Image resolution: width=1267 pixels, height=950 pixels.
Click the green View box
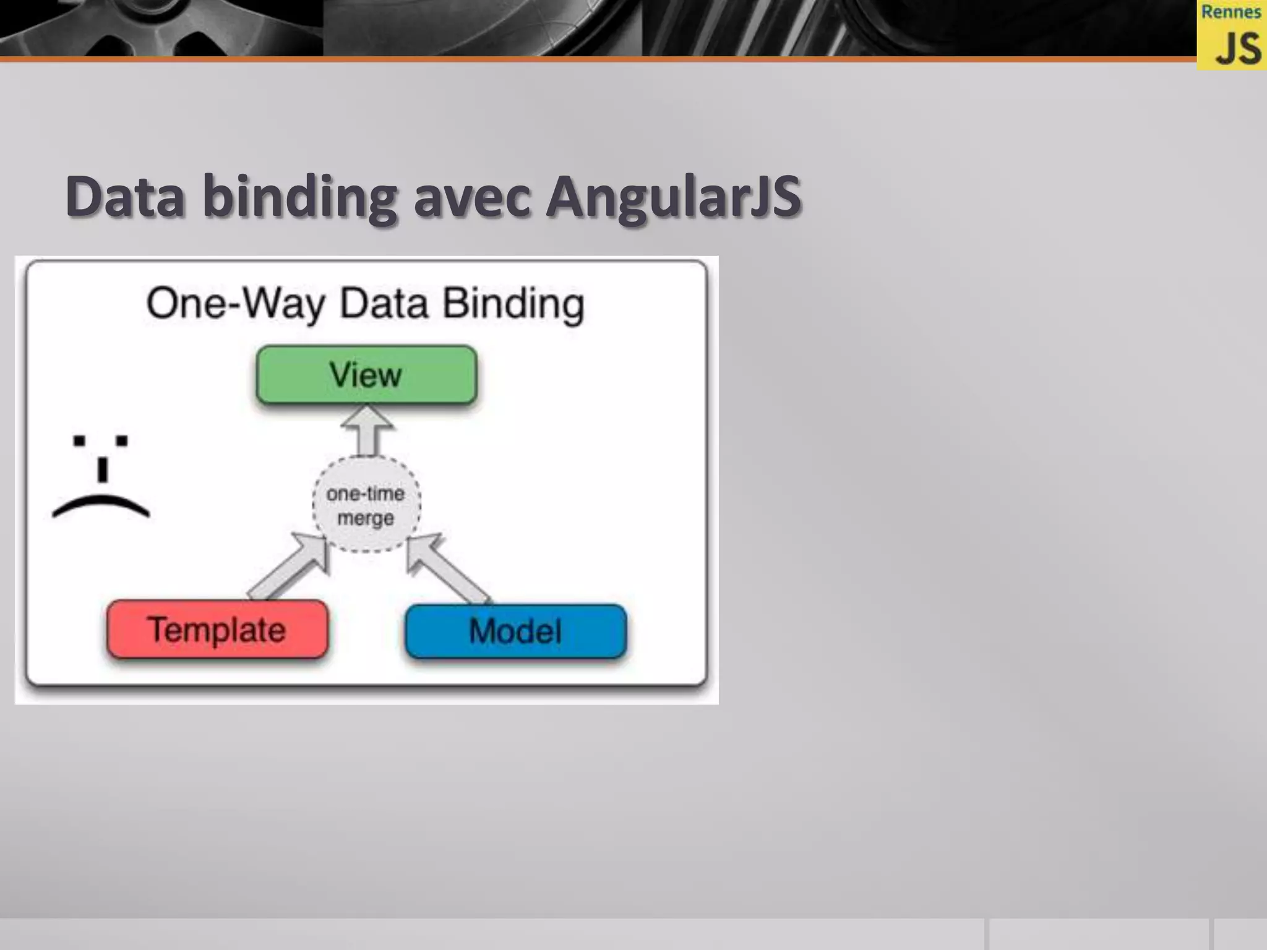tap(366, 375)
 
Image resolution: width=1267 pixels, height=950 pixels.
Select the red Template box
tap(217, 630)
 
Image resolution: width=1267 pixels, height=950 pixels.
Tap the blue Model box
tap(515, 631)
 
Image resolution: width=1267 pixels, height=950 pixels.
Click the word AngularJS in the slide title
tap(673, 197)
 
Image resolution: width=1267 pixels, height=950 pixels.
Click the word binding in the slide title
tap(299, 197)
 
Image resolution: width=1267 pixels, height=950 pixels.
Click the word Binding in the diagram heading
tap(513, 304)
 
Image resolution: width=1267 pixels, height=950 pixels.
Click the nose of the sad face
tap(103, 469)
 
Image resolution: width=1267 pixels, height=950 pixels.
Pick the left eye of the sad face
tap(79, 440)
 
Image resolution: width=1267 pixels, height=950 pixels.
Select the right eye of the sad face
tap(122, 440)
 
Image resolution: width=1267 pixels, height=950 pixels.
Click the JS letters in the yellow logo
tap(1237, 49)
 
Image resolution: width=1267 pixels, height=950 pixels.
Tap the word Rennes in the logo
tap(1230, 12)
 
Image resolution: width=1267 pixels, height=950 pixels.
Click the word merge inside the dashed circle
tap(366, 518)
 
